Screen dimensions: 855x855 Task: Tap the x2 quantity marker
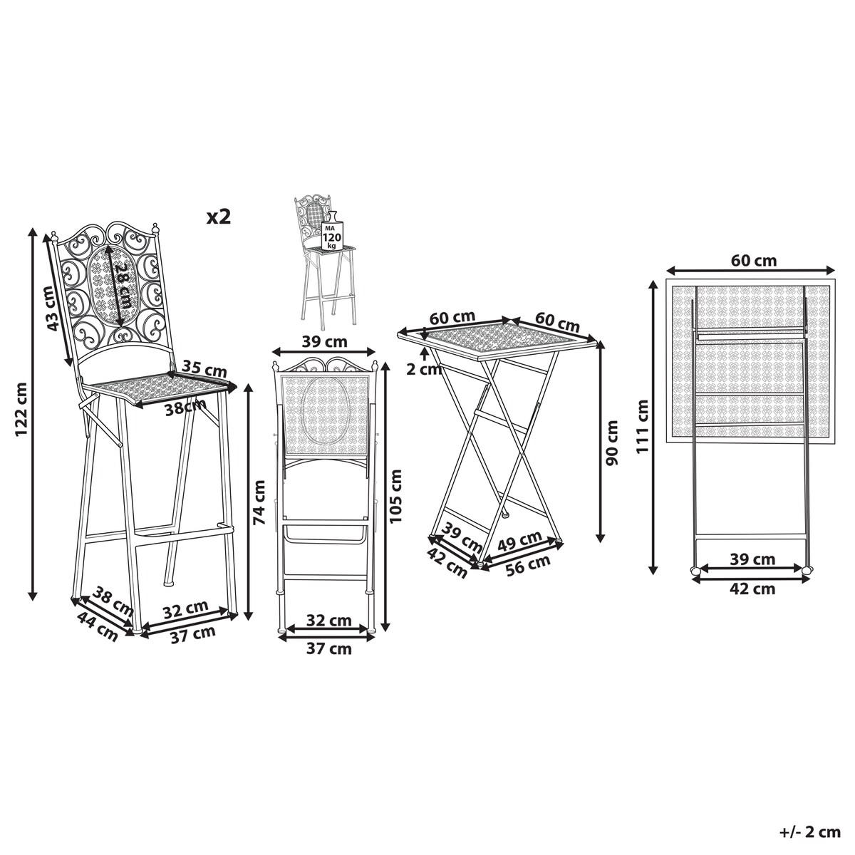(x=219, y=217)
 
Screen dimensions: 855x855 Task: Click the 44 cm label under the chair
(x=98, y=626)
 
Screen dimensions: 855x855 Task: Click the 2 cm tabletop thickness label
(x=424, y=369)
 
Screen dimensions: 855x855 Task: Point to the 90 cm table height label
(x=613, y=442)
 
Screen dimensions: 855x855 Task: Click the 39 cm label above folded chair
(x=325, y=342)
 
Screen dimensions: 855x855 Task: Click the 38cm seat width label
(x=185, y=407)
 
